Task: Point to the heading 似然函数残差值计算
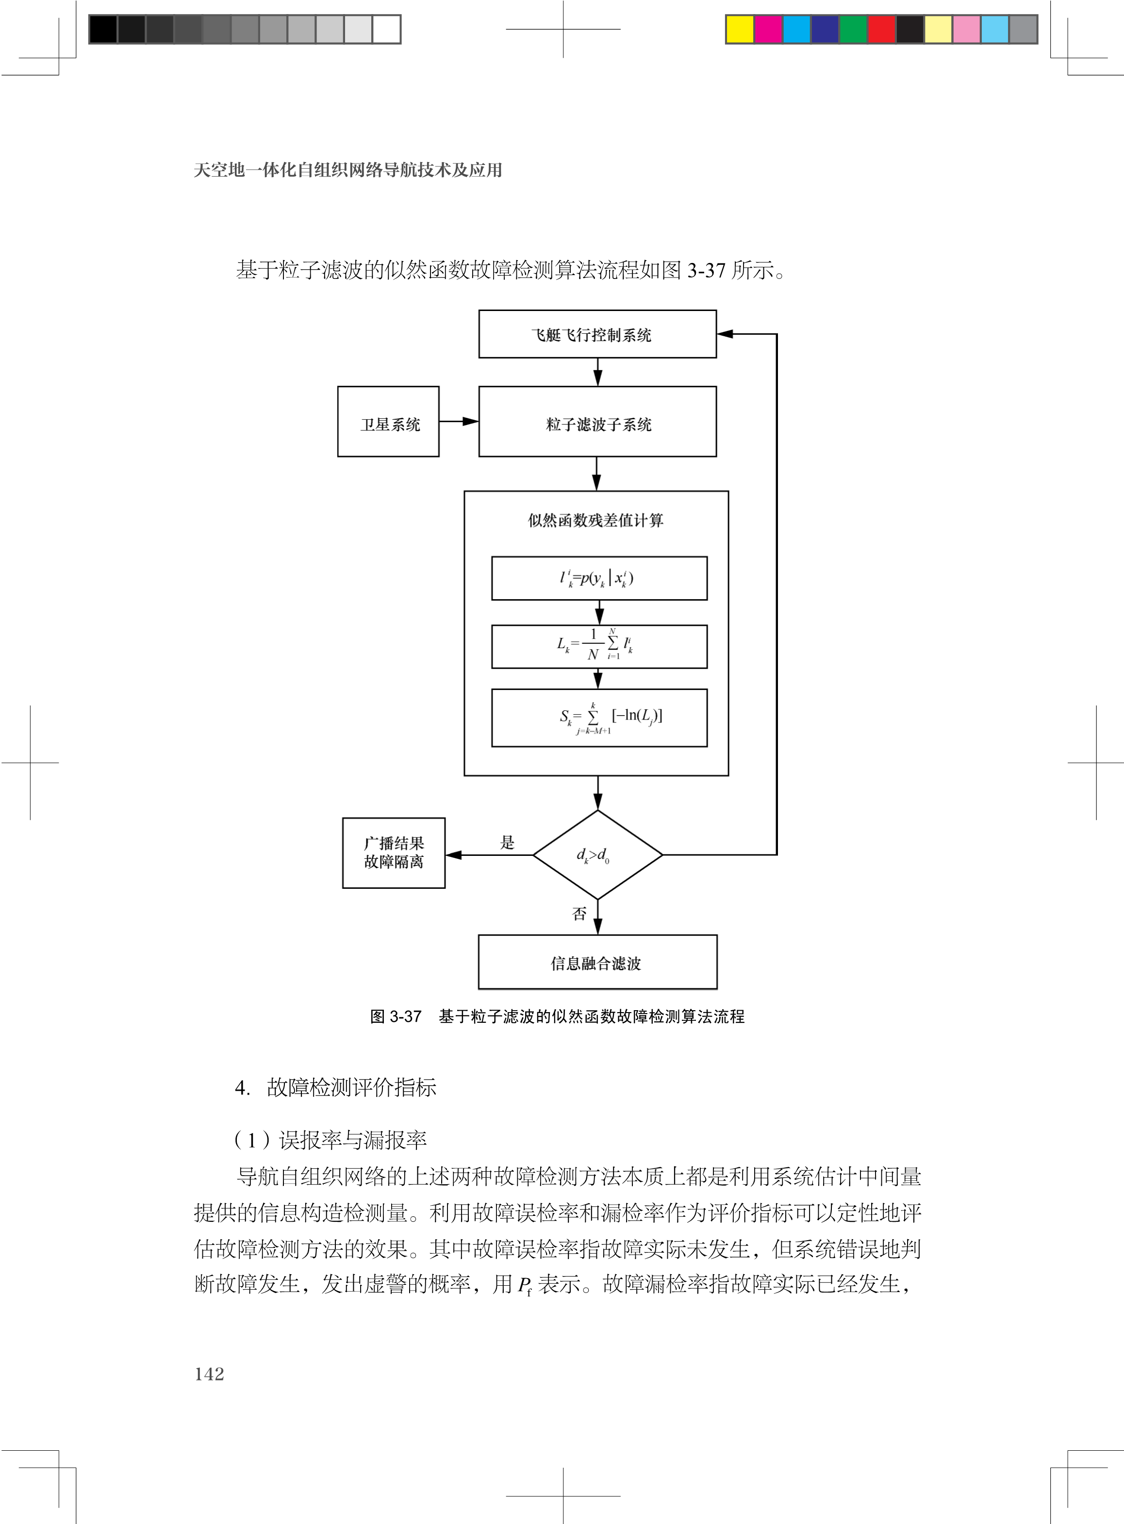595,520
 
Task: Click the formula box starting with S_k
599,718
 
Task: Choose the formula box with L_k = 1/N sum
599,646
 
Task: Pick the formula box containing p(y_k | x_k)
599,578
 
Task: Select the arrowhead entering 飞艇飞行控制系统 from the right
725,334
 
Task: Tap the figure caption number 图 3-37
396,1016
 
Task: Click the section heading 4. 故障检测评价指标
335,1087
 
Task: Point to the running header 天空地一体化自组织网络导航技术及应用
347,170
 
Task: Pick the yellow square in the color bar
740,29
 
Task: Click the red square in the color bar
882,29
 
